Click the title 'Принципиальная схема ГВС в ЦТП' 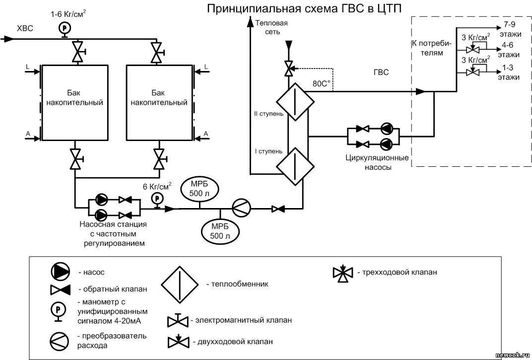[x=304, y=8]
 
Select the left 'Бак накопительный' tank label [x=74, y=98]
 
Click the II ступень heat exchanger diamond [x=295, y=102]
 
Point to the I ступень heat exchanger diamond [x=295, y=165]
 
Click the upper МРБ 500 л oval [x=200, y=189]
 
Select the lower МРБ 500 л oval [x=219, y=231]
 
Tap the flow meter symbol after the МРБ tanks [x=242, y=209]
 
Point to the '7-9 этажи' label [x=512, y=28]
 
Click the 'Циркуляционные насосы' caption [x=377, y=162]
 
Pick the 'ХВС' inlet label [x=25, y=28]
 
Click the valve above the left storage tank [x=77, y=51]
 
